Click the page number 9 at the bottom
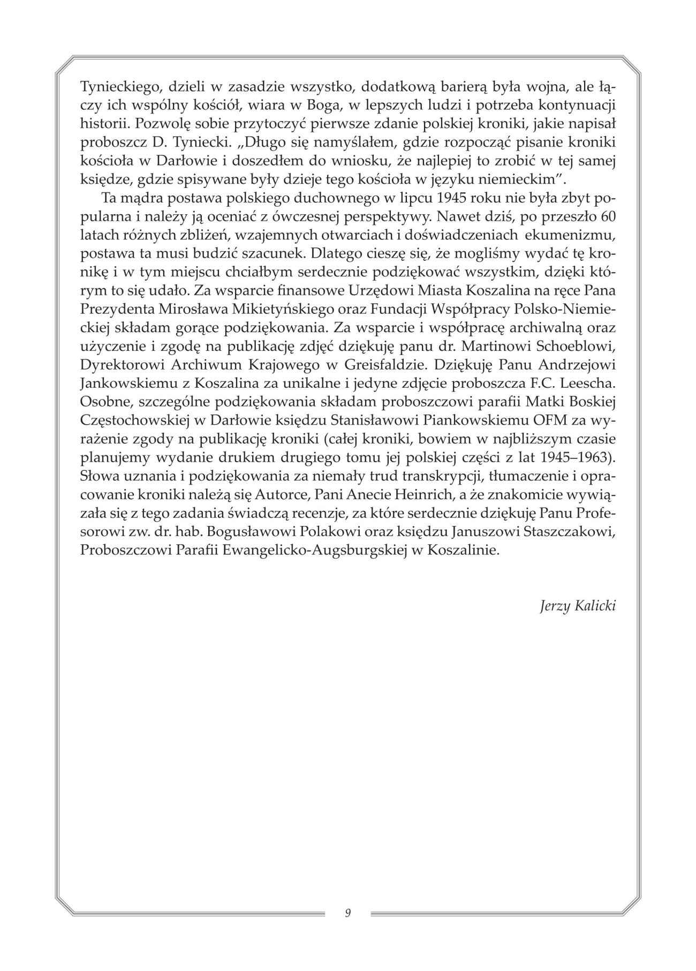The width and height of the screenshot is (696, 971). pyautogui.click(x=348, y=913)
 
